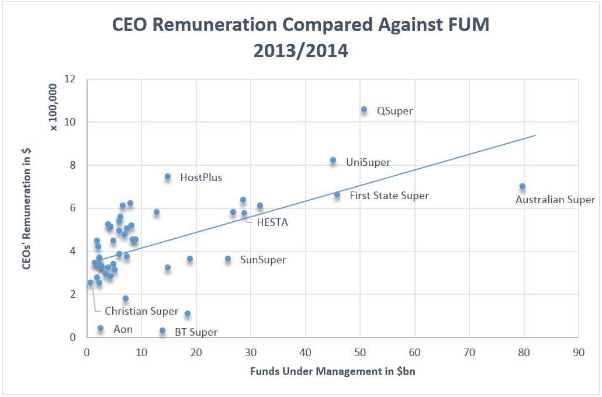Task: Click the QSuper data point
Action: coord(364,109)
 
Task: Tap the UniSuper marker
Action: coord(333,160)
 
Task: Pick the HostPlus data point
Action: coord(168,176)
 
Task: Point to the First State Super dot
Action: coord(337,194)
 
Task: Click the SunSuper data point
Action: coord(228,259)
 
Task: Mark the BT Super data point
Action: coord(162,330)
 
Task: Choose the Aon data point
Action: coord(101,328)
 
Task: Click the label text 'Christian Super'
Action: coord(141,311)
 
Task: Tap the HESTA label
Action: coord(272,222)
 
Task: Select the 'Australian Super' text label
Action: coord(555,200)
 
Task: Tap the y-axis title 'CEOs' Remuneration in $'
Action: coord(27,208)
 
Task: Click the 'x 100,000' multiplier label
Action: coord(54,108)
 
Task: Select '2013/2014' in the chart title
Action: coord(300,51)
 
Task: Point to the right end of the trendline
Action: coord(535,135)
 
